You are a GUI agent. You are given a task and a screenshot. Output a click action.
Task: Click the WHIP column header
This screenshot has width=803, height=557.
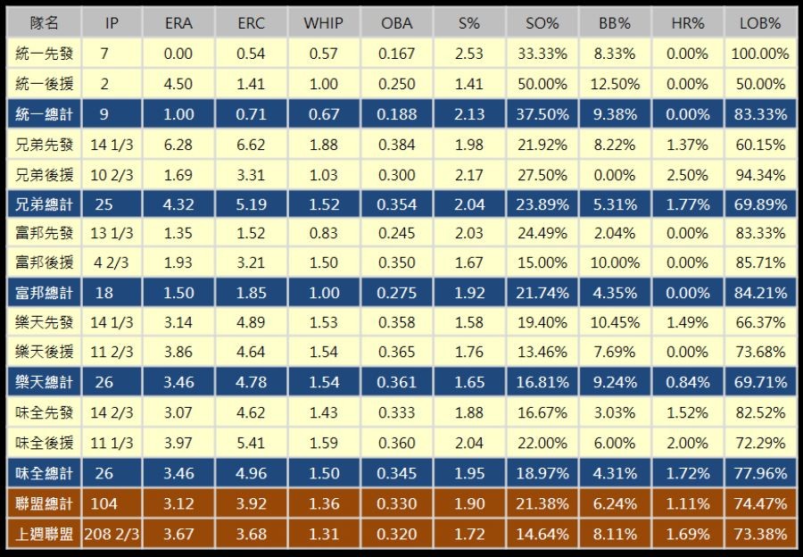click(323, 23)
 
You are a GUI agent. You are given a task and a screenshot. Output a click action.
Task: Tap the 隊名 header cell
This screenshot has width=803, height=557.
click(44, 23)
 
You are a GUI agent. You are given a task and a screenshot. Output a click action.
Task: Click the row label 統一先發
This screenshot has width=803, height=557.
click(44, 54)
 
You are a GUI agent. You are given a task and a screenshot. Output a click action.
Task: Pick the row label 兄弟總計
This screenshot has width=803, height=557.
click(44, 204)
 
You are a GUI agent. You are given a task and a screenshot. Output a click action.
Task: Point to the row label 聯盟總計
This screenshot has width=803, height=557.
click(44, 503)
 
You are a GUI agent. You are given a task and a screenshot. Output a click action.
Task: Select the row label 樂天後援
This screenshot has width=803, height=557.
click(44, 353)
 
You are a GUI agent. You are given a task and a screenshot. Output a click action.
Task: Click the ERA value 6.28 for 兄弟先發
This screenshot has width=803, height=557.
click(178, 144)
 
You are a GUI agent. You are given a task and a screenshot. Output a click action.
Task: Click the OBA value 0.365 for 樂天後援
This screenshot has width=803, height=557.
click(396, 353)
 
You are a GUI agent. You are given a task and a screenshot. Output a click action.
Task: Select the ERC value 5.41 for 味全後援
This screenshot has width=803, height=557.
click(251, 442)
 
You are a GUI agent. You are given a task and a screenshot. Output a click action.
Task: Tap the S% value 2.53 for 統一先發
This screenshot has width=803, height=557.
click(468, 54)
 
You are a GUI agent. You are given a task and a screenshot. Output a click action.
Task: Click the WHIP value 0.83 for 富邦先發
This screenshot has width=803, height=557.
click(323, 234)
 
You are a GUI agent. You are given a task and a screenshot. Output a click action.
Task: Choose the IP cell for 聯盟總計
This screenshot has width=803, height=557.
click(104, 503)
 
